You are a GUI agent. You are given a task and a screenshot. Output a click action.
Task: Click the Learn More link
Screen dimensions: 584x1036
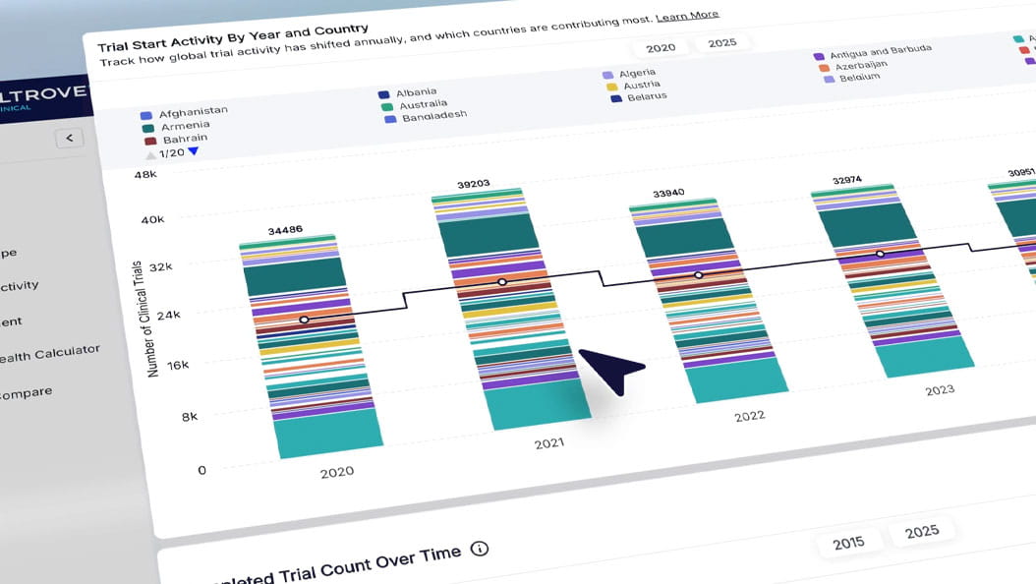point(687,17)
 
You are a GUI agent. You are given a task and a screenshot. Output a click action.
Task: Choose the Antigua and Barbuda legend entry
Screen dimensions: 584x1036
point(880,51)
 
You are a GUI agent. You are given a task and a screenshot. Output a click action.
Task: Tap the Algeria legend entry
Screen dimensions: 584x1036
point(637,73)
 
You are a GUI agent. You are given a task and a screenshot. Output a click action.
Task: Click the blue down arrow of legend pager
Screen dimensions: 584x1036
point(193,151)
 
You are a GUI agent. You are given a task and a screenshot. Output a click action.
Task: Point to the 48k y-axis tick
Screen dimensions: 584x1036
point(145,176)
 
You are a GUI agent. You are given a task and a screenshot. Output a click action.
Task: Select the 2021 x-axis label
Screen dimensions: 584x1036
point(548,443)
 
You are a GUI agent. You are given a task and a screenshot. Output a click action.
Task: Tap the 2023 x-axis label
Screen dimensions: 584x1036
point(940,389)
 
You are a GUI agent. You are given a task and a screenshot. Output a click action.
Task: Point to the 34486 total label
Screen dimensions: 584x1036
point(285,231)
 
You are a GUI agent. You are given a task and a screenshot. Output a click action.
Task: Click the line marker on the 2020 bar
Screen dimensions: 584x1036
point(304,320)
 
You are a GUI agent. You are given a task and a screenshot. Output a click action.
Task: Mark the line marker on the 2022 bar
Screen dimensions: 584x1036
point(699,275)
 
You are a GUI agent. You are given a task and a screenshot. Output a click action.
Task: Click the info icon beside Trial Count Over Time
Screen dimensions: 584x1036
point(479,549)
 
